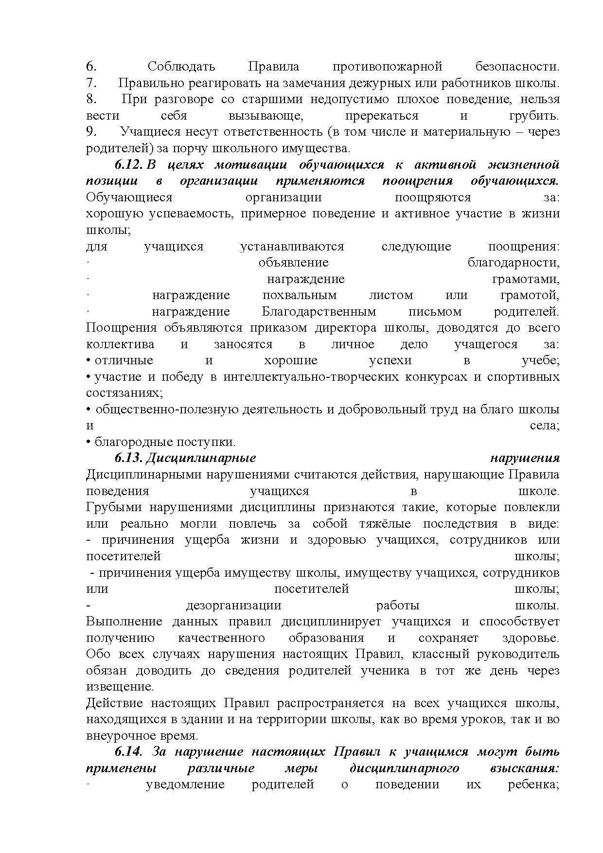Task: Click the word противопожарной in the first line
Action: click(x=387, y=67)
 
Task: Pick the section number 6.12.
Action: click(x=129, y=164)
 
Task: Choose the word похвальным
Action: click(x=299, y=295)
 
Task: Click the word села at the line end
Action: click(x=544, y=426)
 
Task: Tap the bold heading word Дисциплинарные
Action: click(x=201, y=458)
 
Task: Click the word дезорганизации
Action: click(x=233, y=605)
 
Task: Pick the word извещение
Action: click(x=120, y=687)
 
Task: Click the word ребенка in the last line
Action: click(x=533, y=784)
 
